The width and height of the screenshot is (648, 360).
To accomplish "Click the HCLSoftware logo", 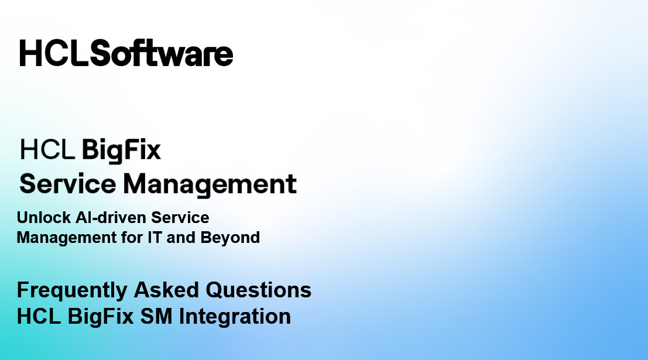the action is [x=126, y=53].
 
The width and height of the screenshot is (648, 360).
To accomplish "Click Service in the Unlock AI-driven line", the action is [x=180, y=217].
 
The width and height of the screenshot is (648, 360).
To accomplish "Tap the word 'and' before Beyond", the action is [x=181, y=238].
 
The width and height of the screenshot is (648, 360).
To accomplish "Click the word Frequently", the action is [x=72, y=290].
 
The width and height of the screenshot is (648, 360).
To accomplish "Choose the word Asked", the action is [x=166, y=290].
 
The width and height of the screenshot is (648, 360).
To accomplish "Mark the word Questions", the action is [x=258, y=290].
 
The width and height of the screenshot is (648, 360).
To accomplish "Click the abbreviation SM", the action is [x=156, y=316].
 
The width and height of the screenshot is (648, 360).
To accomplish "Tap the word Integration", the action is [x=235, y=317].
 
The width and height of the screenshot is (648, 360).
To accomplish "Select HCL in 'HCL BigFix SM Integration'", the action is [x=39, y=316].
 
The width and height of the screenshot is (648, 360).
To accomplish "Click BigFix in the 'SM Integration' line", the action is [x=101, y=317].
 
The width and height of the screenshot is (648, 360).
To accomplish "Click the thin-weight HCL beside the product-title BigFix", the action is [x=47, y=149].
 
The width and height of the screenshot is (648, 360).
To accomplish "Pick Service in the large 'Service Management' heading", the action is [x=68, y=184].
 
